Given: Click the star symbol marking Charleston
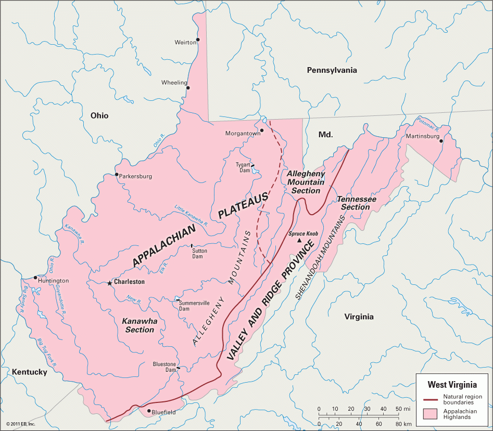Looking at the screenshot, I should (109, 283).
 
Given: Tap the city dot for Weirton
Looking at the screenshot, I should (197, 40).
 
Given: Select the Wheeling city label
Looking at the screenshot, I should (174, 83).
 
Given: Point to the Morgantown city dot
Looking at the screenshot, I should (262, 130).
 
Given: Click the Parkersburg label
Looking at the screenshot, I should (135, 176).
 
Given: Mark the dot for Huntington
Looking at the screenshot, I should (35, 277).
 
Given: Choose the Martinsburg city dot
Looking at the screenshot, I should (441, 141).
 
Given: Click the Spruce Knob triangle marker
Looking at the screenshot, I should (299, 241).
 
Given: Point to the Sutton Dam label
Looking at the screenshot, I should (199, 254).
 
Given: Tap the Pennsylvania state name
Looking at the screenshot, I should (332, 70).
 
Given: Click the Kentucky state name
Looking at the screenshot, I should (29, 372).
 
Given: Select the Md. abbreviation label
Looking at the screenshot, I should (325, 134).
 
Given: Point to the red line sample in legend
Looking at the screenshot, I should (429, 399).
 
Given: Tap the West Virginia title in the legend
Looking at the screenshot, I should (452, 385).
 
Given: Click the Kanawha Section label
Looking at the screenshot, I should (139, 325).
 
